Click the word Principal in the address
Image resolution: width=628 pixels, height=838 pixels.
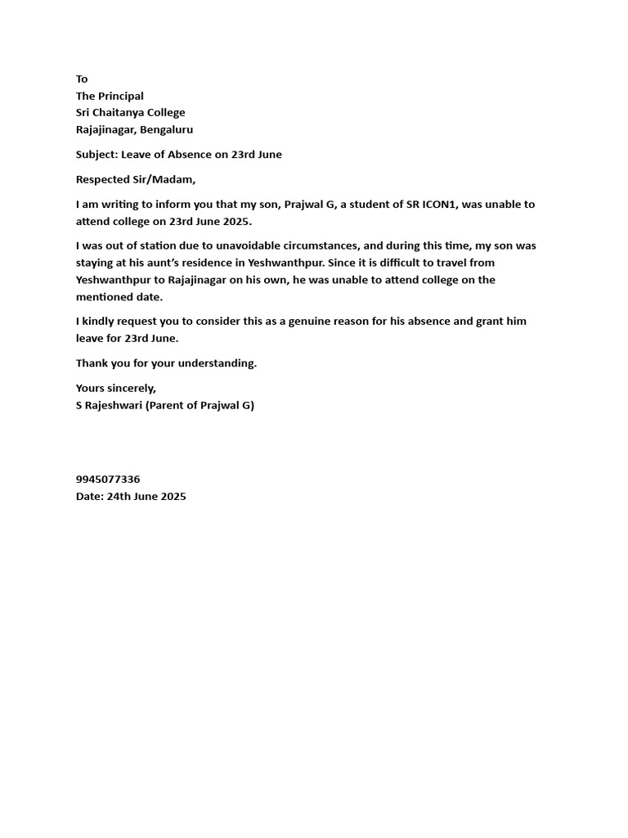121,96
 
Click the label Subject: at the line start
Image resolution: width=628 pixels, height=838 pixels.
96,154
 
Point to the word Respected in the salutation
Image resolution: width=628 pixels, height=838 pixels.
102,179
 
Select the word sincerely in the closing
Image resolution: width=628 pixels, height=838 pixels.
130,388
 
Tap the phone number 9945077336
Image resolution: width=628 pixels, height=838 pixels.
108,480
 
